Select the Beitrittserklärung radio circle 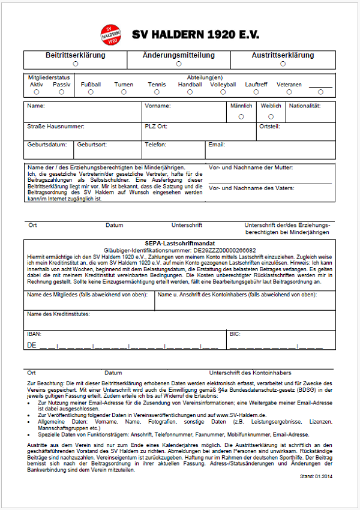[76, 63]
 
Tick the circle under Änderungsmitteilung [179, 63]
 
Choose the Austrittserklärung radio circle [282, 63]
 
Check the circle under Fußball [91, 92]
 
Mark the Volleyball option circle [223, 92]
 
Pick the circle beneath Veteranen [289, 92]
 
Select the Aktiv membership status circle [37, 92]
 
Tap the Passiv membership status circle [61, 92]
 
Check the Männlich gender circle [241, 116]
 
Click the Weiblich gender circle [271, 116]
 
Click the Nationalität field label [305, 106]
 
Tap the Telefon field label [155, 145]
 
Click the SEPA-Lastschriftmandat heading [179, 243]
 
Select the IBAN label [34, 333]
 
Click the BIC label [235, 333]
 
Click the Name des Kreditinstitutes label [58, 314]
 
